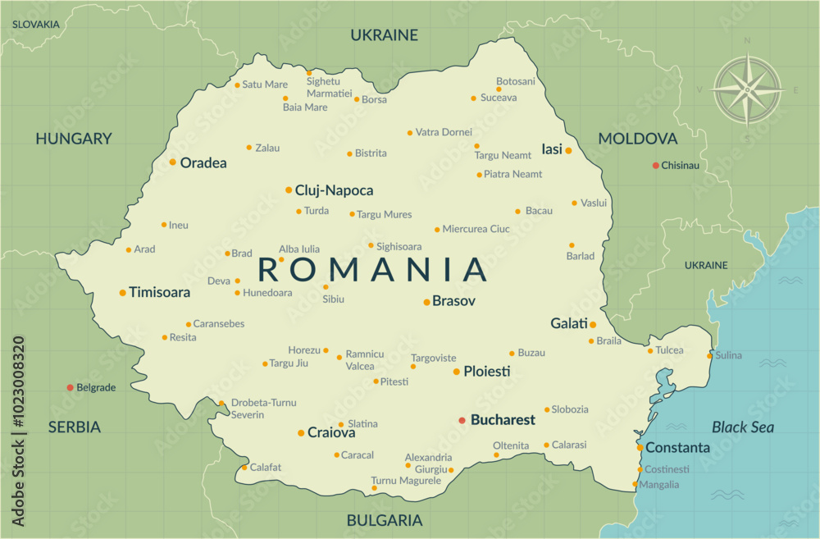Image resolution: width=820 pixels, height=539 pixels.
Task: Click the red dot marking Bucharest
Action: point(462,420)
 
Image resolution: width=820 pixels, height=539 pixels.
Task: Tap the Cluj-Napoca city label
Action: point(334,190)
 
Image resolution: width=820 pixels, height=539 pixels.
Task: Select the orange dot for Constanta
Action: point(640,448)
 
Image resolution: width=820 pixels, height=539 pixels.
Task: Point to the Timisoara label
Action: point(159,292)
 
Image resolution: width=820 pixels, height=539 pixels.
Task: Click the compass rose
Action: point(747,89)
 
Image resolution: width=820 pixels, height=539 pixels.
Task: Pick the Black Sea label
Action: point(742,427)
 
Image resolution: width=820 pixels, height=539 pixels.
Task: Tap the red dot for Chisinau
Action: point(655,166)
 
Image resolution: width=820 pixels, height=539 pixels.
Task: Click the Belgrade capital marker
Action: point(70,387)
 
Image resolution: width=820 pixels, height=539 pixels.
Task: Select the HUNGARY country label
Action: point(73,139)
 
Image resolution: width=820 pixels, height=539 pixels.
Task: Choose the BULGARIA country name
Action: point(385,520)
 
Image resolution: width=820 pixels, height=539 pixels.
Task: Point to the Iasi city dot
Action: point(567,150)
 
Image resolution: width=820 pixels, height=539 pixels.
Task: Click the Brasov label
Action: point(453,301)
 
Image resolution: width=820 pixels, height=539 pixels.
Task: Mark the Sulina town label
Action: point(728,355)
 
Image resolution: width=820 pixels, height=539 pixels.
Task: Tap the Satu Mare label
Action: point(265,85)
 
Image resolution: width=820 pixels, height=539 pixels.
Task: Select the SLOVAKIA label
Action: point(35,25)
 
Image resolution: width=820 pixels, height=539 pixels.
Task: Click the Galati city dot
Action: point(593,324)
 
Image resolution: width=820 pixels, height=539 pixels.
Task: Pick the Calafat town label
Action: point(266,468)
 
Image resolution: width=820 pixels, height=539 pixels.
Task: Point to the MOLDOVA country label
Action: point(637,139)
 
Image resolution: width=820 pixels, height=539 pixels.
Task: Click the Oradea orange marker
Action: point(172,162)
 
